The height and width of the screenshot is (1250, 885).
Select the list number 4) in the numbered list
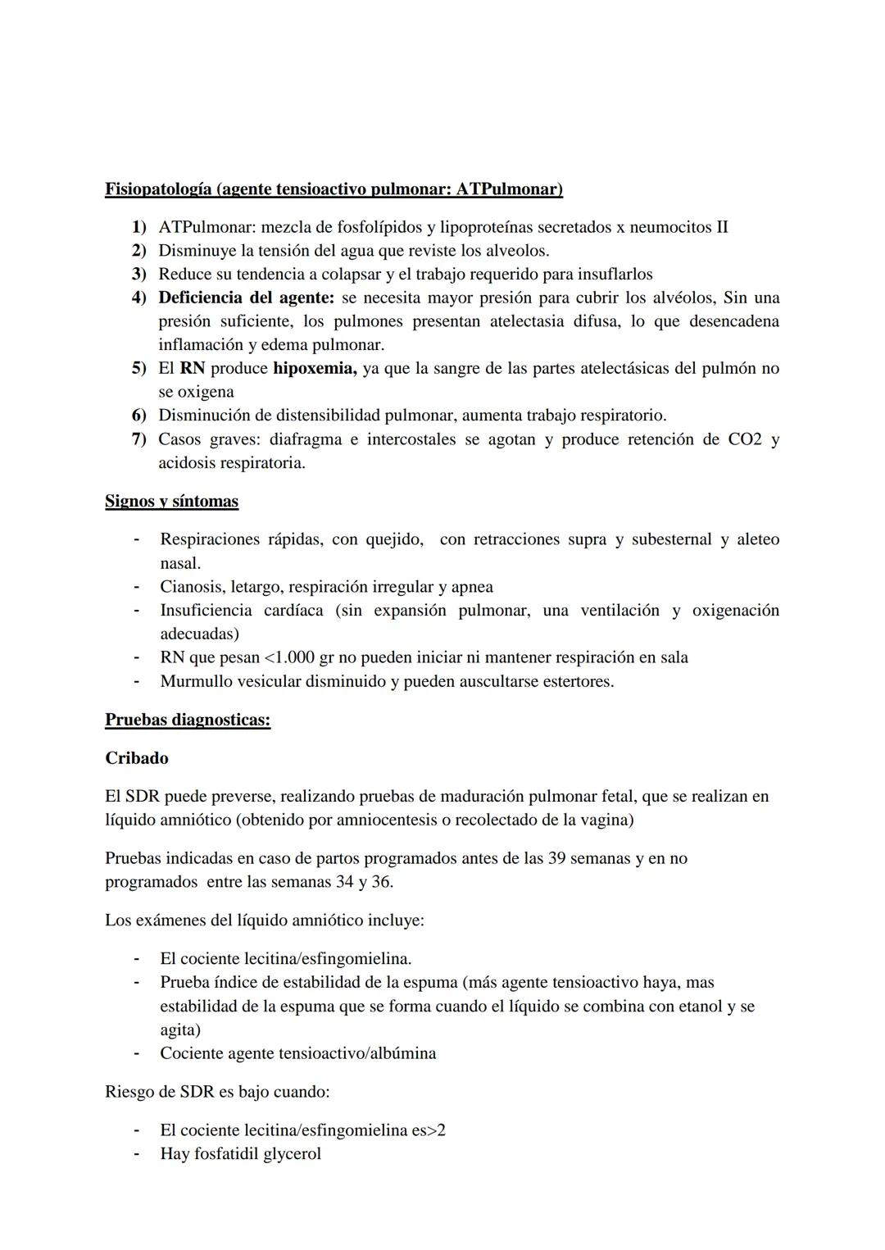point(139,298)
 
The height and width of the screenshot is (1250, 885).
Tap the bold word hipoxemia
point(314,369)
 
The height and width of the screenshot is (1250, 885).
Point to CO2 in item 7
point(745,440)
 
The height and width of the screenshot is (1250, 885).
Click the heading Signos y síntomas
point(171,501)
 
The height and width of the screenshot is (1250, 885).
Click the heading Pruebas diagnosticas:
point(188,720)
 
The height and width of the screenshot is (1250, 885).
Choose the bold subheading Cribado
point(137,758)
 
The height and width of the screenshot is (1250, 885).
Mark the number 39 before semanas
point(557,858)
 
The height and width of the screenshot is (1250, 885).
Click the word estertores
point(577,681)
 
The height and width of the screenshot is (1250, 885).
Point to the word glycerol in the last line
point(292,1154)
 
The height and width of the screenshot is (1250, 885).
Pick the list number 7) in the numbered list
point(139,440)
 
